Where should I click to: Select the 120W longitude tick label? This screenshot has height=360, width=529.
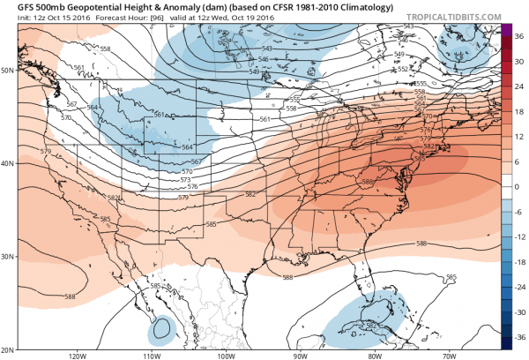point(77,356)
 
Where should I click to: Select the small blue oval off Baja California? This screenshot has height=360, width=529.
point(160,330)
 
